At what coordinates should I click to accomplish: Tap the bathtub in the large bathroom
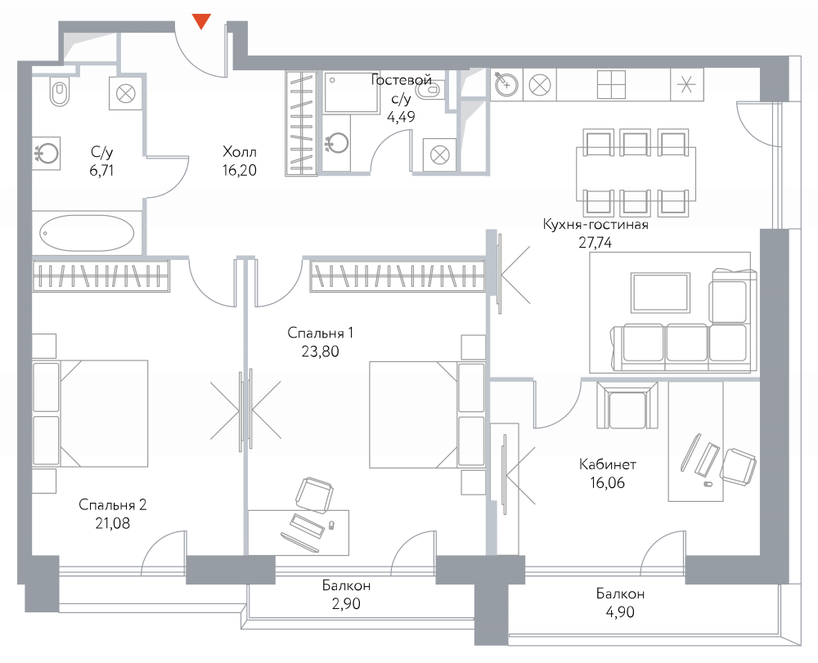click(88, 233)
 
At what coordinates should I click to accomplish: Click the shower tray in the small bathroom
click(352, 92)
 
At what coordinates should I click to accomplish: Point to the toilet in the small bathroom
click(429, 89)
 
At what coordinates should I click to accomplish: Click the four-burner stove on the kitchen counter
click(611, 84)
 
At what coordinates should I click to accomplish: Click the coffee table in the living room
click(660, 292)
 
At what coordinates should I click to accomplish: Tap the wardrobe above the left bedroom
click(101, 276)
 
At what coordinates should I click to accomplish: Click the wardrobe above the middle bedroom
click(398, 276)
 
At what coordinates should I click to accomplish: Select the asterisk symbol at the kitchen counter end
click(687, 84)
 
